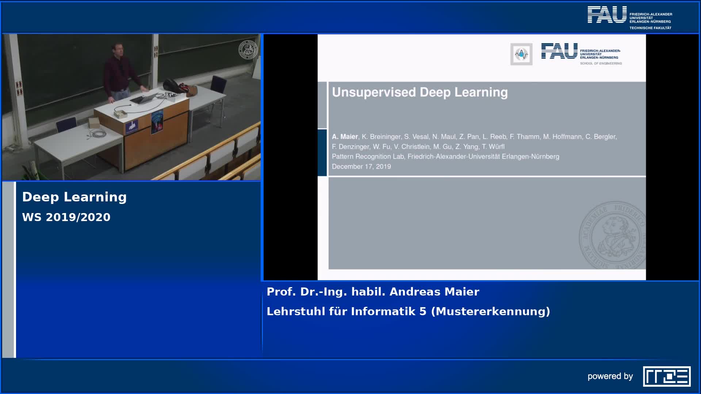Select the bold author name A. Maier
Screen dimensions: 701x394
click(345, 137)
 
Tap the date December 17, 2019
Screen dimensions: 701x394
click(361, 166)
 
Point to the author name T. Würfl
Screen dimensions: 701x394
click(493, 147)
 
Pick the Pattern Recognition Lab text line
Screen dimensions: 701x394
click(445, 157)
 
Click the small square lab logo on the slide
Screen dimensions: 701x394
click(521, 54)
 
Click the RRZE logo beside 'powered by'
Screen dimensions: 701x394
click(667, 376)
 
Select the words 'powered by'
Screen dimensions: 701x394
click(610, 376)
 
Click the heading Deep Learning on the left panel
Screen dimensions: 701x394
click(74, 197)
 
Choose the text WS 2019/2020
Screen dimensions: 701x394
click(66, 217)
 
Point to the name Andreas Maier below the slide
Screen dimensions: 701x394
click(434, 291)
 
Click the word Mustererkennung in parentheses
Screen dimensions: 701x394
click(490, 311)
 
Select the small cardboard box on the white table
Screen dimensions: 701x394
click(94, 123)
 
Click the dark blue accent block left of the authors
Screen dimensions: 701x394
click(322, 152)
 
